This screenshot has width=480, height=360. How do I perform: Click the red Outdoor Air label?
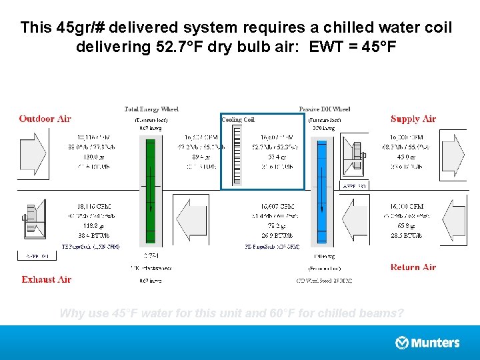45,119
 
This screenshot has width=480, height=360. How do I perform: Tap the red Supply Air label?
413,119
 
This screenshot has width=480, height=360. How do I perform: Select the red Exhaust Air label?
46,279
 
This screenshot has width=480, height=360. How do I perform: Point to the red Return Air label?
413,267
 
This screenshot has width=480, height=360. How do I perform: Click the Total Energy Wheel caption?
151,109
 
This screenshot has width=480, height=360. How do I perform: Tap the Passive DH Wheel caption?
325,109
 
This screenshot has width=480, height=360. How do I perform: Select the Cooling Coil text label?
238,120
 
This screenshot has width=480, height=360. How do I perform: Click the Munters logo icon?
402,343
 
